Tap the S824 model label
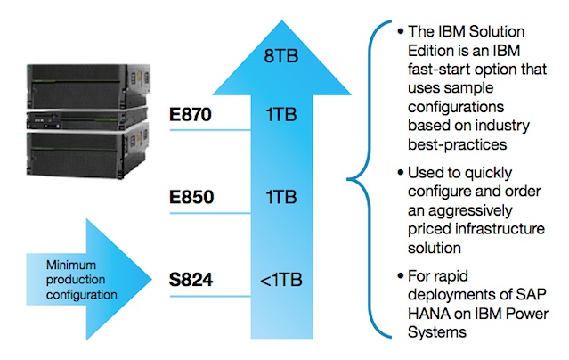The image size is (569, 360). [x=193, y=281]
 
